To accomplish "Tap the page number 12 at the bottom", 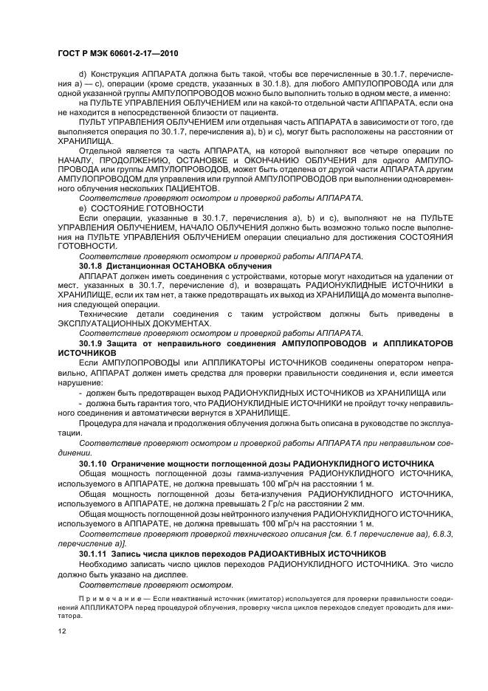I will pos(61,631).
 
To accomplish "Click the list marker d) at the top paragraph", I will pos(82,75).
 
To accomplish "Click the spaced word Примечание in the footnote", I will pos(104,594).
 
